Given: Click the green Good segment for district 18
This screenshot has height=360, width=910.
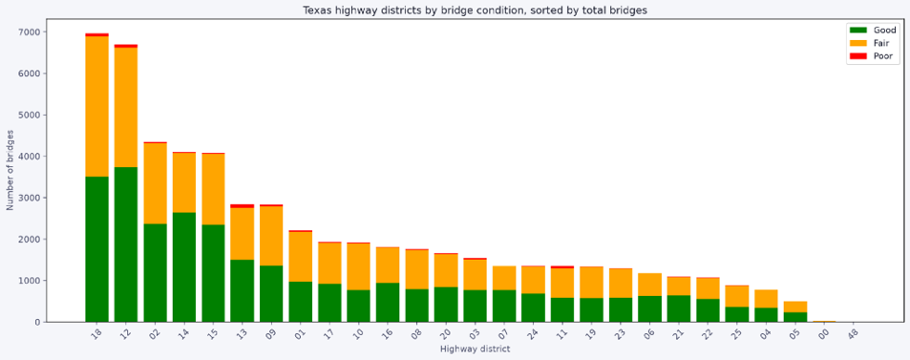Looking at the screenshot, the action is coord(96,249).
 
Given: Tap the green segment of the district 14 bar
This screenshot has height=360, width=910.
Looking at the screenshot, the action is coord(184,267).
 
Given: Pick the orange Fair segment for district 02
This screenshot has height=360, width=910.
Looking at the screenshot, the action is coord(155,183).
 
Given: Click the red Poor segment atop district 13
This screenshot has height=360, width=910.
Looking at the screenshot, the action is coord(242,206).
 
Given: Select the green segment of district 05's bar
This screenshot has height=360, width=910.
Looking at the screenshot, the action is coord(795,317).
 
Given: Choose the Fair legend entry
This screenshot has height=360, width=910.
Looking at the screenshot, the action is coord(869,43).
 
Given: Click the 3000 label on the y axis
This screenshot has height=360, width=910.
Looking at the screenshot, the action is coord(31,198).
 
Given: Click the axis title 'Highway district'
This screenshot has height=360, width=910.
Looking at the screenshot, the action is coord(475,349).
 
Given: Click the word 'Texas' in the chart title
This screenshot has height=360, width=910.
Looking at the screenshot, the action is coord(316,10).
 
